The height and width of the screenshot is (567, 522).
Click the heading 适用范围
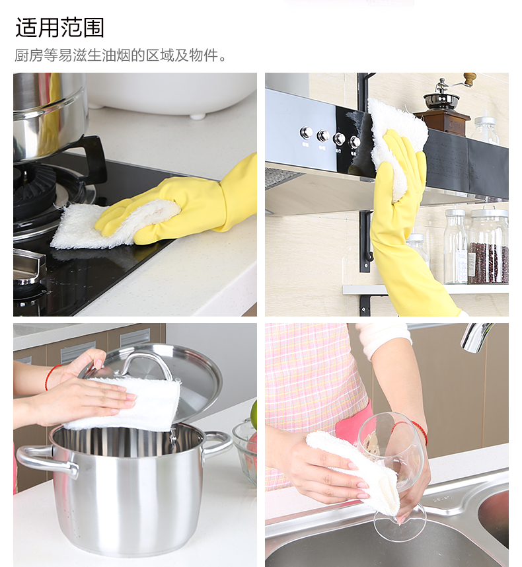[59, 28]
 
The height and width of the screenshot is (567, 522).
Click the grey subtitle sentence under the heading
[121, 56]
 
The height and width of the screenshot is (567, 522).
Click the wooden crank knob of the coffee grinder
[470, 79]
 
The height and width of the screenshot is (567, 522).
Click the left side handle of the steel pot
[47, 461]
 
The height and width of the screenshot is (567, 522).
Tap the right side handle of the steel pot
[217, 444]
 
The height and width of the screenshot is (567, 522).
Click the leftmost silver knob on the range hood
[306, 133]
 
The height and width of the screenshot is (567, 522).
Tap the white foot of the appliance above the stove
[198, 116]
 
